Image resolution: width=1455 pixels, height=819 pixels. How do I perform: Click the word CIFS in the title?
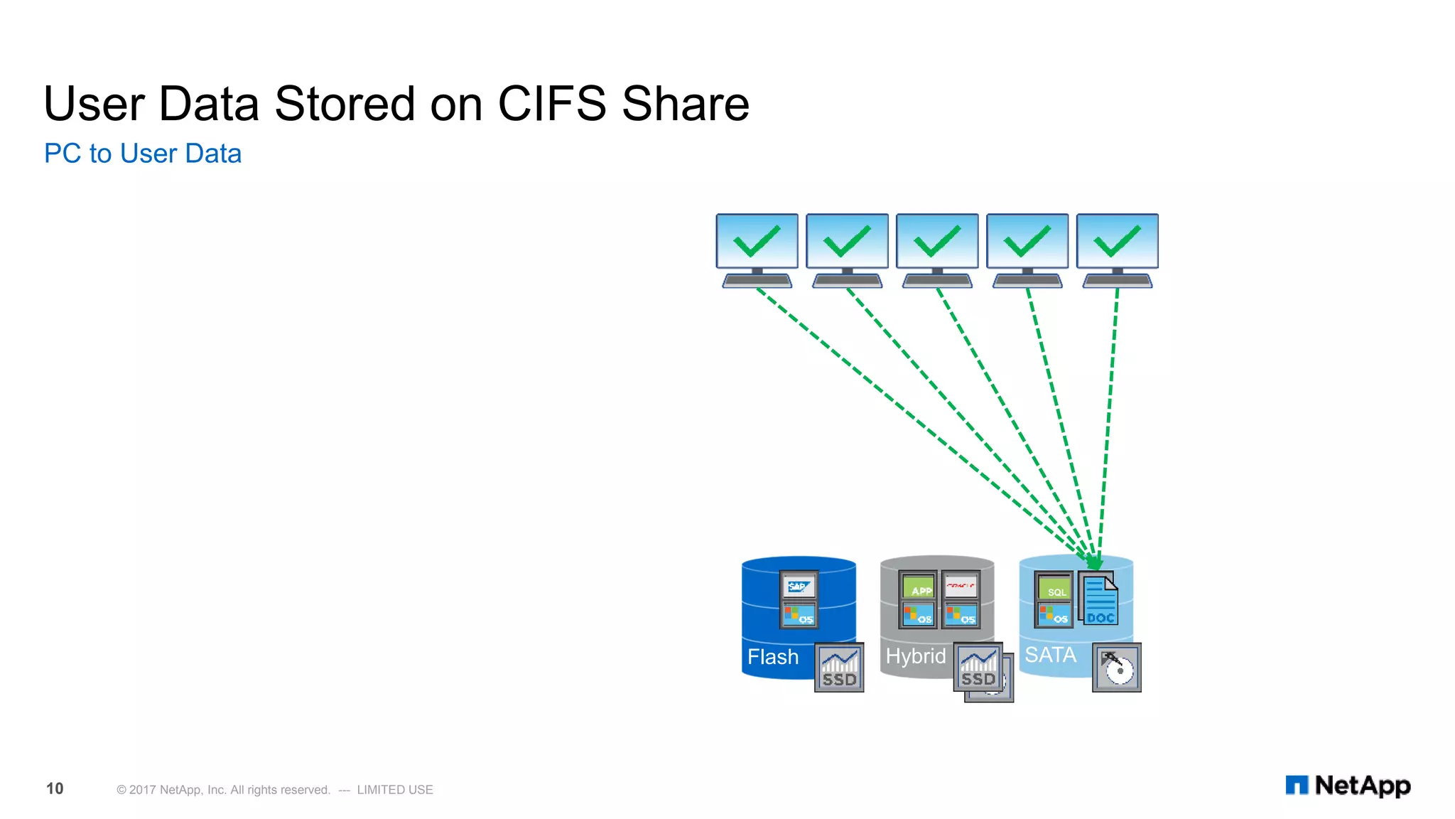(x=552, y=104)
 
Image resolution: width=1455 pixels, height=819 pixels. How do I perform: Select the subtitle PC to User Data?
(x=143, y=154)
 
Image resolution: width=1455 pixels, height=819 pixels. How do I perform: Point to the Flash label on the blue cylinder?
(x=773, y=657)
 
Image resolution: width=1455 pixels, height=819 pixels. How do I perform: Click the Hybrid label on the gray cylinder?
(x=915, y=656)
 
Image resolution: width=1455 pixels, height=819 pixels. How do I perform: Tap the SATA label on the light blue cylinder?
(x=1050, y=655)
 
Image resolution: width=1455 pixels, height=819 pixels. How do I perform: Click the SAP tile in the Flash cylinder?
(x=799, y=587)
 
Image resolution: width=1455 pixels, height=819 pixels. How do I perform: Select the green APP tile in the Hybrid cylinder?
(x=919, y=587)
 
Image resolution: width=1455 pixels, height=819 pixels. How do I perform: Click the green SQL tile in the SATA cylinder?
(x=1054, y=589)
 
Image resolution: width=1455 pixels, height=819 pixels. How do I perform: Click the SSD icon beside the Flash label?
(x=839, y=668)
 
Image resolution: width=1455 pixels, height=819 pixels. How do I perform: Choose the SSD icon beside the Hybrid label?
(x=978, y=668)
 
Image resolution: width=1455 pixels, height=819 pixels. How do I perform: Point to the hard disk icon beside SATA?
(x=1117, y=668)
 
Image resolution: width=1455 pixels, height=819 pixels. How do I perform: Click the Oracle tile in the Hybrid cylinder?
(x=961, y=587)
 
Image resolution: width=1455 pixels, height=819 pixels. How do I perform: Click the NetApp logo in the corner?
(x=1348, y=786)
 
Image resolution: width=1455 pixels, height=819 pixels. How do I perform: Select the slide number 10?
(x=55, y=788)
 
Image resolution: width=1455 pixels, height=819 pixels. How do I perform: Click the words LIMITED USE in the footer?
(x=395, y=790)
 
